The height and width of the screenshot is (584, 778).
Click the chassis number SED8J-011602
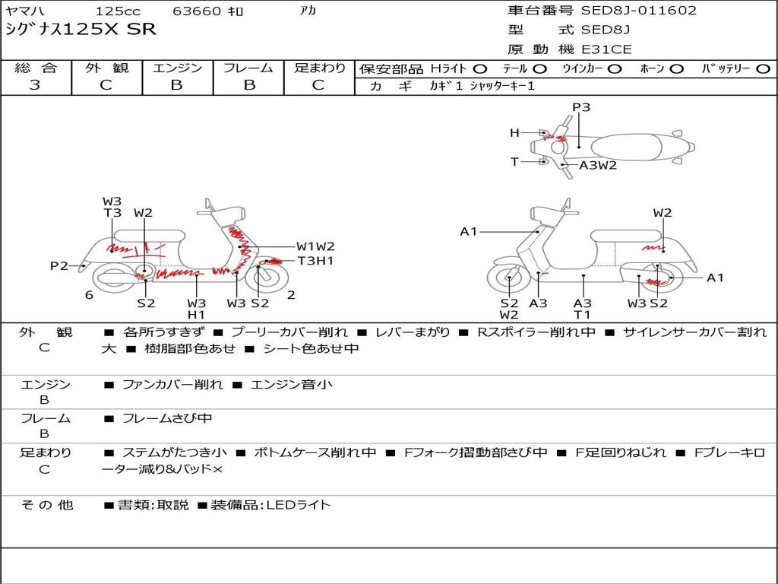point(638,11)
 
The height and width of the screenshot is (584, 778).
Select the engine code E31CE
point(606,49)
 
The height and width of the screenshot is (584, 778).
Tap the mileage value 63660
point(197,11)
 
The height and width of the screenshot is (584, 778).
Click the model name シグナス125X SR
point(81,30)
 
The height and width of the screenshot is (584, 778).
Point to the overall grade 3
point(35,85)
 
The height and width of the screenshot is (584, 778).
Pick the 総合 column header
point(36,68)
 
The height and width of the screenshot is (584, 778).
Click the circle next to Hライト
point(479,69)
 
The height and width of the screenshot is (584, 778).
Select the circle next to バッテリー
point(763,69)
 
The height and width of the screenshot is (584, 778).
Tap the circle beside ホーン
point(676,69)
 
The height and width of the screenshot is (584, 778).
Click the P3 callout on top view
point(581,107)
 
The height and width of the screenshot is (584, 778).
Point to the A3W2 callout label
point(598,165)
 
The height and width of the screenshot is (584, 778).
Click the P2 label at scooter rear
point(59,265)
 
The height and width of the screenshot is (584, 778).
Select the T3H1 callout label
point(315,261)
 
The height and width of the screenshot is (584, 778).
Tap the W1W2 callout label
point(315,246)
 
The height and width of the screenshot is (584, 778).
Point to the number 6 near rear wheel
point(90,295)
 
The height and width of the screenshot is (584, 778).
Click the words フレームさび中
point(167,419)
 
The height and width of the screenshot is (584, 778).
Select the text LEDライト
point(299,505)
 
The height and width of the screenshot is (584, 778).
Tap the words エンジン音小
point(292,385)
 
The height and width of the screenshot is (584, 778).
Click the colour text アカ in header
point(308,11)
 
